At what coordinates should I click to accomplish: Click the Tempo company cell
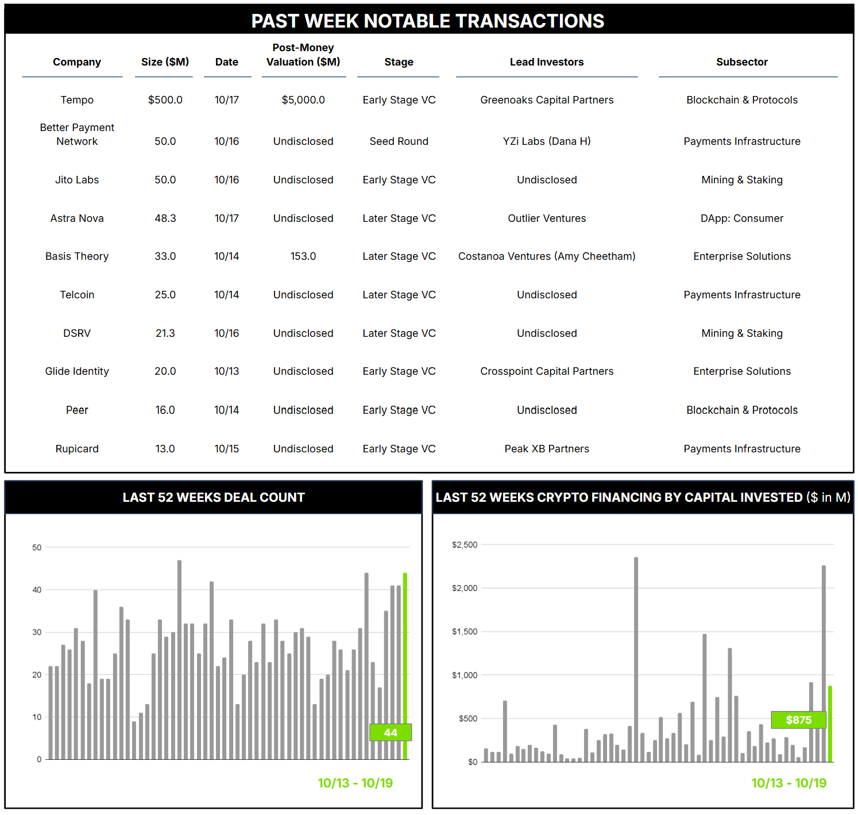click(x=77, y=100)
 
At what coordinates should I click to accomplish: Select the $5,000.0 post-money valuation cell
click(x=303, y=100)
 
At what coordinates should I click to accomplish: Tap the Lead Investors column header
click(x=547, y=62)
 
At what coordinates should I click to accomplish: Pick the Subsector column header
click(x=741, y=62)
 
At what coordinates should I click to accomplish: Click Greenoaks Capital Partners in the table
click(x=547, y=100)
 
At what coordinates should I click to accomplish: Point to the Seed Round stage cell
click(x=399, y=141)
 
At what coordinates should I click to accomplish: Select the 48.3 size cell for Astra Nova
click(x=165, y=218)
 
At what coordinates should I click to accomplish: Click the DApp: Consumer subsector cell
click(x=741, y=218)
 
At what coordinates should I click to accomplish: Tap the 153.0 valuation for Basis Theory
click(x=303, y=256)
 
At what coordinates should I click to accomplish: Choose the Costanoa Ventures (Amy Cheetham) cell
click(x=547, y=256)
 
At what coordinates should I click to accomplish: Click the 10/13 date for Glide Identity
click(x=227, y=371)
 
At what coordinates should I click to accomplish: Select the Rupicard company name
click(x=77, y=449)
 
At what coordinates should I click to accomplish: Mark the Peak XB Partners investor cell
click(x=547, y=449)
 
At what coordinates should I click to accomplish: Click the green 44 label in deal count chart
click(x=391, y=733)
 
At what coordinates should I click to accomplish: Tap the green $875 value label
click(x=798, y=720)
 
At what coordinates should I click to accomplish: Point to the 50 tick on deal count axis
click(x=37, y=548)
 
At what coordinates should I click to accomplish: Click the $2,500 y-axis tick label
click(x=465, y=545)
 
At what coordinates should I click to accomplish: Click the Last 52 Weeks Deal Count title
click(x=214, y=498)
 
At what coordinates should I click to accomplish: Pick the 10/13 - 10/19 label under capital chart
click(x=789, y=783)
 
